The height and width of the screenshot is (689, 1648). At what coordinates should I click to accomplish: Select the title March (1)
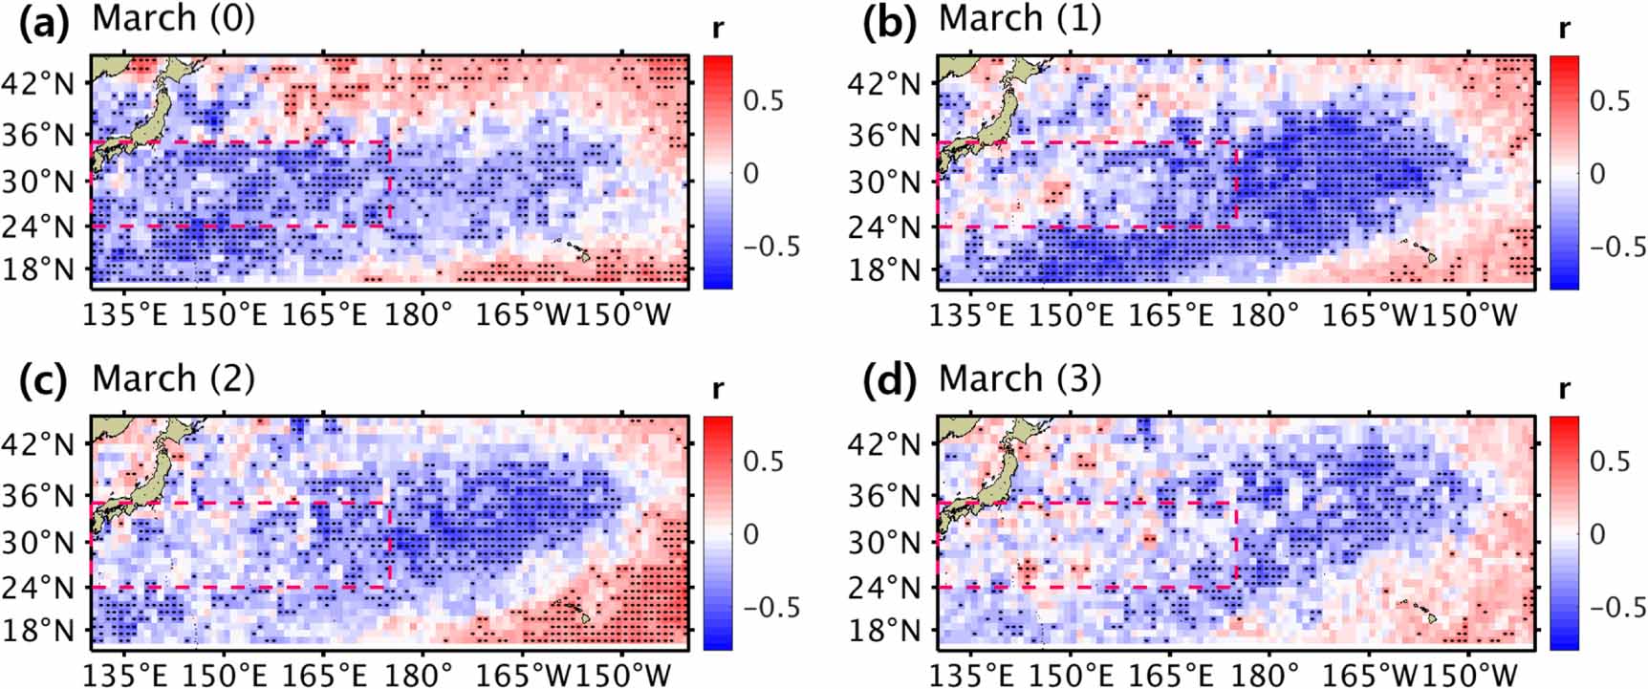point(1020,18)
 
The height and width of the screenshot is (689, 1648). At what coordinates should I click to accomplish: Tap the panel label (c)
point(44,380)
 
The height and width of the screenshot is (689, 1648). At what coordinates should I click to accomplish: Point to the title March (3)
point(1020,378)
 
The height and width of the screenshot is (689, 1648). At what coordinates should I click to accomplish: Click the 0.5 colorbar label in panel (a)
point(763,100)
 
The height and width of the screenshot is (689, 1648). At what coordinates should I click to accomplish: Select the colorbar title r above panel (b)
point(1565,29)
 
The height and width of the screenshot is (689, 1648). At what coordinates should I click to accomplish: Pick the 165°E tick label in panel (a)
point(324,315)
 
